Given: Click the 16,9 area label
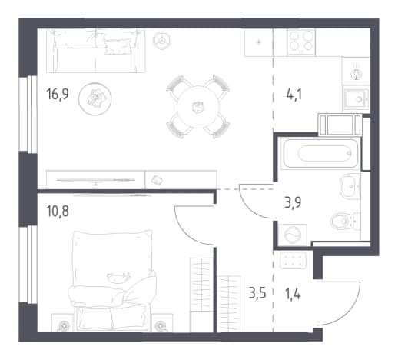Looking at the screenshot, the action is [58, 94].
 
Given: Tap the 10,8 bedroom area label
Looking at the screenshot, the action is [58, 212].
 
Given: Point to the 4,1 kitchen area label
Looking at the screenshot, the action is [294, 94].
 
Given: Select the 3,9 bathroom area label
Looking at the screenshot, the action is [293, 202].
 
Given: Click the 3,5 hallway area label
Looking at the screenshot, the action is [257, 293].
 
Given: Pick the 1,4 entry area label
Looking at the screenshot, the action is [293, 293].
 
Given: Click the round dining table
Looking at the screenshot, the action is [198, 107].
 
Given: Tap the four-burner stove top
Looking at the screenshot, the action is [301, 42].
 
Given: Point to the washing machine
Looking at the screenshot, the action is [293, 235].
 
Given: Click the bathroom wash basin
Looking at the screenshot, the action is [350, 186].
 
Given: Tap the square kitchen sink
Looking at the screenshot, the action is [357, 99].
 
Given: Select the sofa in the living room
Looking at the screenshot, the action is [95, 51].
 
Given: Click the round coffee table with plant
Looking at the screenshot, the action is [95, 98].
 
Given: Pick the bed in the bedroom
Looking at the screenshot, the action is [112, 280].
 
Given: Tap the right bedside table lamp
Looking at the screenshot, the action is [161, 326].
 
